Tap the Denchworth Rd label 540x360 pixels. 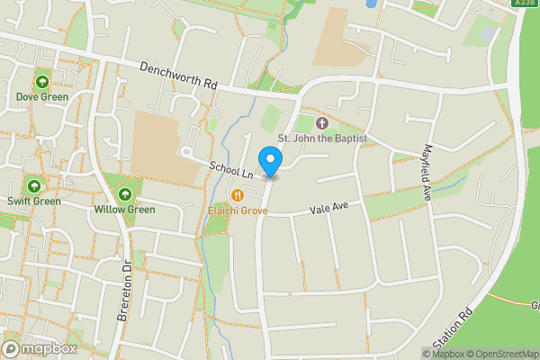179,76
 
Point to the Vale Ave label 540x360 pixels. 328,208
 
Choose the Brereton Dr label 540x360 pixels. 125,292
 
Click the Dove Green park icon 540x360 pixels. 42,84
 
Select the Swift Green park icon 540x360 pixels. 34,187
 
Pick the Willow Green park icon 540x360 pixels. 124,195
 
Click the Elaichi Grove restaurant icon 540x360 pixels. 238,195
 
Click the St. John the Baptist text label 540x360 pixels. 323,139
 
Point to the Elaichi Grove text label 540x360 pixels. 238,211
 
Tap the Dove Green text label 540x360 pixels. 42,97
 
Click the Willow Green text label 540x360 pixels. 124,210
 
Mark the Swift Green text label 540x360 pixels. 34,201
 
